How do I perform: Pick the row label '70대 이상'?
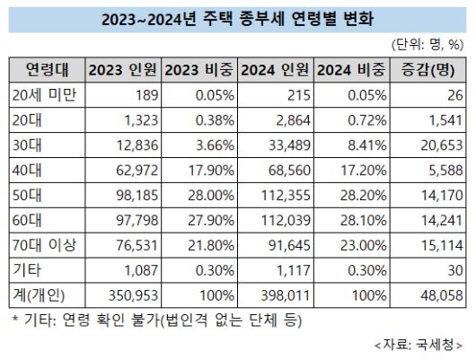pos(47,245)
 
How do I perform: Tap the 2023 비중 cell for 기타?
pos(201,270)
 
